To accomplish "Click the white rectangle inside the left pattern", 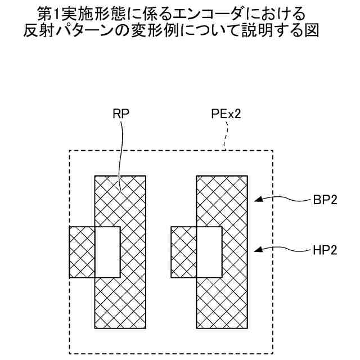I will [x=107, y=252].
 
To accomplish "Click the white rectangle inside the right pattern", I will [x=209, y=252].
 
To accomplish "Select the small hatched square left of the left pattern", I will [x=82, y=252].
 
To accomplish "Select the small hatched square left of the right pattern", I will [x=183, y=252].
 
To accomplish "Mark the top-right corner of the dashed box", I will [x=273, y=151].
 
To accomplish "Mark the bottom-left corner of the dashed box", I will [x=69, y=353].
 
